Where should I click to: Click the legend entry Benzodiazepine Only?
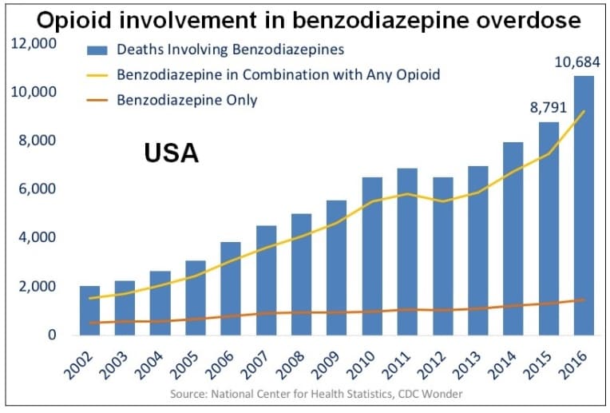[x=187, y=100]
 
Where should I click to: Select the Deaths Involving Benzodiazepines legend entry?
[x=230, y=50]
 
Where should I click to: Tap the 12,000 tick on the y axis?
[x=33, y=43]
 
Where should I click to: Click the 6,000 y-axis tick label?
[x=36, y=189]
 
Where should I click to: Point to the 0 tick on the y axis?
[x=51, y=335]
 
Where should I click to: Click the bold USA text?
[x=171, y=153]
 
